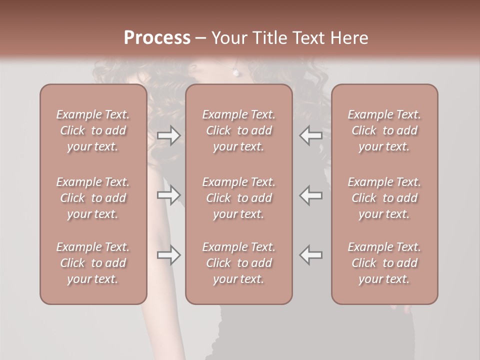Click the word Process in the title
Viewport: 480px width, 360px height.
[157, 38]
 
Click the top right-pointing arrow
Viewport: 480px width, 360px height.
[168, 135]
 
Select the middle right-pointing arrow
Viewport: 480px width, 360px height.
[168, 195]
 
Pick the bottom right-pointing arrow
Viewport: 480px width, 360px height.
[168, 255]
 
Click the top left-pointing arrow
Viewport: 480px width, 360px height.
[311, 135]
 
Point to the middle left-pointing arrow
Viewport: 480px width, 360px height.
[311, 195]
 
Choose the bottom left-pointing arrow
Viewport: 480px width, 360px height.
[311, 255]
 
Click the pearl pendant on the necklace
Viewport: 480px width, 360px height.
[235, 73]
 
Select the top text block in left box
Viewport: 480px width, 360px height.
[93, 130]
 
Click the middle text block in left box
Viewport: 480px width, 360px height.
[93, 198]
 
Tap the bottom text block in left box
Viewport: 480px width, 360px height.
[93, 263]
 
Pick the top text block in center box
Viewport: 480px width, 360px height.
[238, 130]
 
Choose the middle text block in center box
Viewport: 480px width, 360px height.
[238, 198]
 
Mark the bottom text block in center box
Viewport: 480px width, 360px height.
[238, 263]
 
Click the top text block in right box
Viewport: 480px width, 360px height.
[384, 130]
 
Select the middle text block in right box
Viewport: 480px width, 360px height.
[384, 198]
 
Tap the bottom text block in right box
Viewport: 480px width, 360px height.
[384, 263]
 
